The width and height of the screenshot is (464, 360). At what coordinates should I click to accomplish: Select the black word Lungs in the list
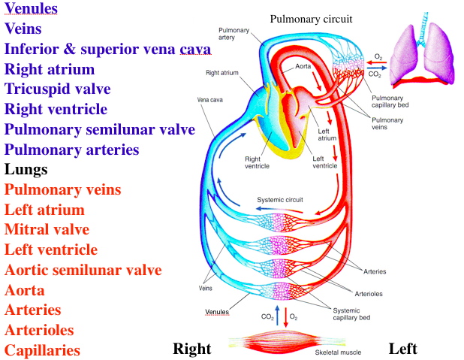pyautogui.click(x=26, y=170)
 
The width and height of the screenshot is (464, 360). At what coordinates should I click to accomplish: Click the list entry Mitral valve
pyautogui.click(x=47, y=230)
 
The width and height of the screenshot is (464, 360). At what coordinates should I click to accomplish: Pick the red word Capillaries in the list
pyautogui.click(x=42, y=349)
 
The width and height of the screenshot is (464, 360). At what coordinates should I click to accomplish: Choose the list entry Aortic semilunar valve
pyautogui.click(x=83, y=270)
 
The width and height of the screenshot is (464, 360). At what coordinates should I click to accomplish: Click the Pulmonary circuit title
pyautogui.click(x=311, y=18)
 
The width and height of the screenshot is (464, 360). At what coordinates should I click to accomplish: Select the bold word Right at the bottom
pyautogui.click(x=192, y=349)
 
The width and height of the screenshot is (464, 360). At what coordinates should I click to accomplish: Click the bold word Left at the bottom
pyautogui.click(x=402, y=349)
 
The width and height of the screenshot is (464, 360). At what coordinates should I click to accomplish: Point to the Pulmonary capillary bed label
pyautogui.click(x=387, y=102)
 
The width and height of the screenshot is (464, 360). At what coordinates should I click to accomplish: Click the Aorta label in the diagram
pyautogui.click(x=303, y=67)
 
